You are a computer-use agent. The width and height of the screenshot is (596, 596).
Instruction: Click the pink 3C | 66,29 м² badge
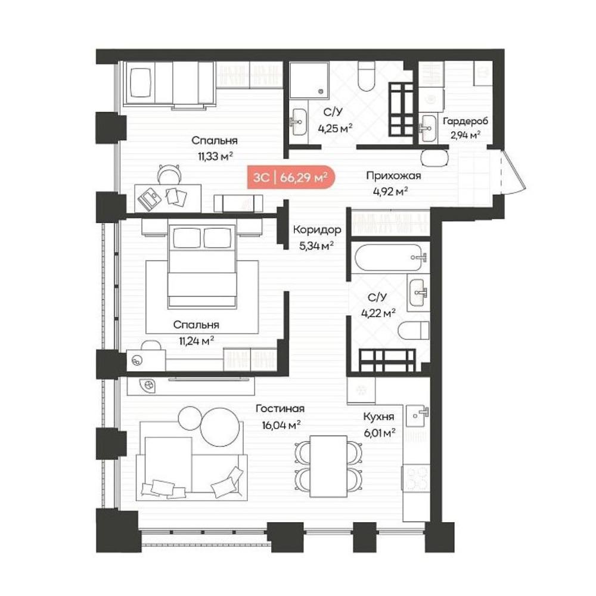291,177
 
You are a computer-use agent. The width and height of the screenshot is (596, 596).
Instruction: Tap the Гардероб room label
465,121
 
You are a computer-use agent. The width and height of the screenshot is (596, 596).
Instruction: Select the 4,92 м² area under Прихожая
390,191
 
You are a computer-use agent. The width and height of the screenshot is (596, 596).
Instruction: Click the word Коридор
317,229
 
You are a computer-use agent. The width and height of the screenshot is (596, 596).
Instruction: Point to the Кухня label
378,416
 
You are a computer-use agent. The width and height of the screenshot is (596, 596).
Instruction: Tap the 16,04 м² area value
281,424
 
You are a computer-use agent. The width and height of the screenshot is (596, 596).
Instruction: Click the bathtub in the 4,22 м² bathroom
390,257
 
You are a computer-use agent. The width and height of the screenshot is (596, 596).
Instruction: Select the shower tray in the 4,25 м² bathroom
309,80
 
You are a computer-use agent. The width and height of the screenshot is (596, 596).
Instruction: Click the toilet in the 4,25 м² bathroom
367,76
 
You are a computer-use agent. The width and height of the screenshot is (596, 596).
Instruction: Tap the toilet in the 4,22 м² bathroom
413,330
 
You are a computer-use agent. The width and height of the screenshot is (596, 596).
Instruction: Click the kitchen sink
417,415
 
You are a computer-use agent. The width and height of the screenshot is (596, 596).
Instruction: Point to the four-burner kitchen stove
416,479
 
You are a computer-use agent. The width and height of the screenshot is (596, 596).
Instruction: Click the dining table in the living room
328,467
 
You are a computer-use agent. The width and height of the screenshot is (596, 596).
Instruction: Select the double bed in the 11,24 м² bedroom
202,265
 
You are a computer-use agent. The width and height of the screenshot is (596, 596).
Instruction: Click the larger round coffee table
221,427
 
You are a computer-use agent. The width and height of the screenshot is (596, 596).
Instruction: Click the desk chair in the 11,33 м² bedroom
169,175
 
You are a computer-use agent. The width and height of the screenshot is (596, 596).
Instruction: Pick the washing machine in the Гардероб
432,100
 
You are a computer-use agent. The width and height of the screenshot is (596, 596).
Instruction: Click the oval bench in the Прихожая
435,158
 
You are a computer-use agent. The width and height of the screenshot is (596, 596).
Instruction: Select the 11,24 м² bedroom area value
196,340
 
